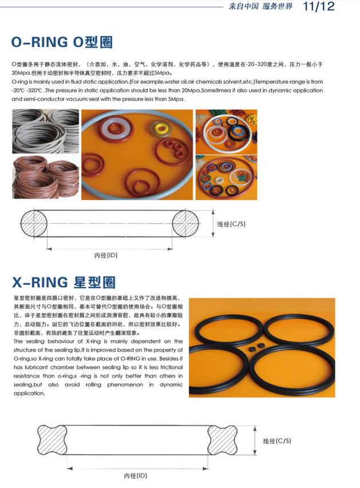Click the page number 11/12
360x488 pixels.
319,6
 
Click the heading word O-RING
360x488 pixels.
39,42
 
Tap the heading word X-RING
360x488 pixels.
40,282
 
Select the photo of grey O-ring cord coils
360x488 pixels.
46,131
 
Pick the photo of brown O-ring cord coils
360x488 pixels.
46,177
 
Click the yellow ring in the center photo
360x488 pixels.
161,128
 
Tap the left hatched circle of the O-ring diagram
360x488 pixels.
34,223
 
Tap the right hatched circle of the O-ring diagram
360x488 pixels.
185,223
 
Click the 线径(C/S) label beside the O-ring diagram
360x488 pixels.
231,224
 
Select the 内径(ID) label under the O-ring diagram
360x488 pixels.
106,255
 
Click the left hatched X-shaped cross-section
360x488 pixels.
52,440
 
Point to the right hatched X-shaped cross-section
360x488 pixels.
222,440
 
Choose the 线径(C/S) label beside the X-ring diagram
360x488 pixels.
277,441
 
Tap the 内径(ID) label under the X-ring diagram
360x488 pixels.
135,475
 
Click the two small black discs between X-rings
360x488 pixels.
257,347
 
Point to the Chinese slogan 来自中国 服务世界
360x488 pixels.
260,6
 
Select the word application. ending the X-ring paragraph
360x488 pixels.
29,393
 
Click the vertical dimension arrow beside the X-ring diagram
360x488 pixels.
255,440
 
